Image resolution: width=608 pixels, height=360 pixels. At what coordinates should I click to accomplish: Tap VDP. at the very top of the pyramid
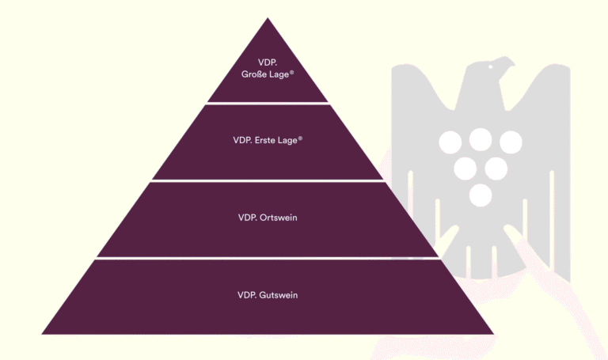pos(268,63)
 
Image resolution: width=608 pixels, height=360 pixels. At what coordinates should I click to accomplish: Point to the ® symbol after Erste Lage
pos(301,138)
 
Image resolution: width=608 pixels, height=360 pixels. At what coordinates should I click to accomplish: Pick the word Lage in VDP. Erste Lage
pos(288,140)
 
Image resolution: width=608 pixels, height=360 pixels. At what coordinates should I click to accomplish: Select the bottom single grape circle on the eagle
pos(480,195)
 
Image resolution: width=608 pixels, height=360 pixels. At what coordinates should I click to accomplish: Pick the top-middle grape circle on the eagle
pos(480,139)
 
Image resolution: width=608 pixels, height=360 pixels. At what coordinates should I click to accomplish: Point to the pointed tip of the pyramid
pos(268,19)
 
